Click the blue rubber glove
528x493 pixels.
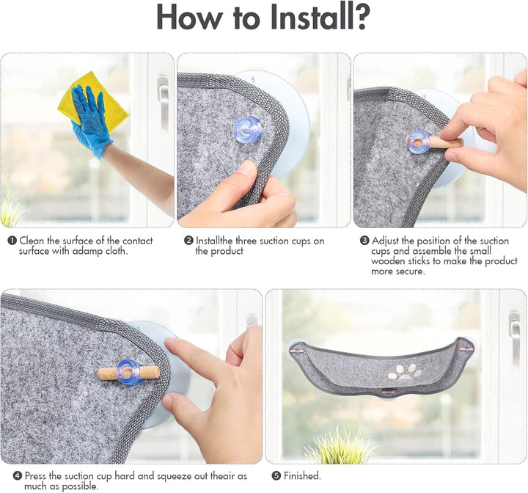tap(90, 120)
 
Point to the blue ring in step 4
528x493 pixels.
tap(130, 372)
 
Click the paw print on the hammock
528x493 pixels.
tap(405, 372)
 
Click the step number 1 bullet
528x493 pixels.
tap(12, 241)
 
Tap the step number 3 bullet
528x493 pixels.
tap(364, 241)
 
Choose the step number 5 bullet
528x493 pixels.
tap(276, 476)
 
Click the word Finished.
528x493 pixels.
tap(302, 476)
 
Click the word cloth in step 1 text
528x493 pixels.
tap(116, 251)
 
